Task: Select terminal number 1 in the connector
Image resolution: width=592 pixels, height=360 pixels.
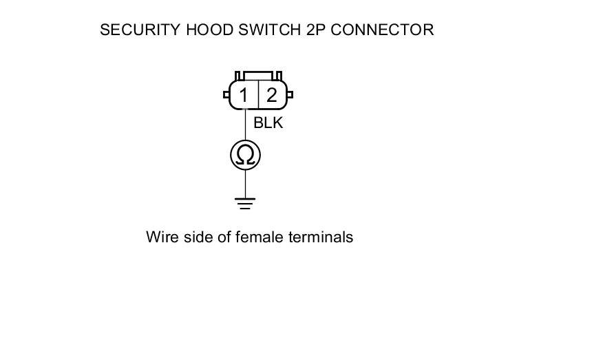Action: click(244, 96)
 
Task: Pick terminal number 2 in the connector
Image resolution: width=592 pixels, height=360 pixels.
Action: click(272, 96)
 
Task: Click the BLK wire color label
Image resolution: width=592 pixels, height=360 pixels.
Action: click(268, 124)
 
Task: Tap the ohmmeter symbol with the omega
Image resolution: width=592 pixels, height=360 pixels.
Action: click(245, 155)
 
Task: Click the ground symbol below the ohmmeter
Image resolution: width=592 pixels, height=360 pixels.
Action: click(245, 202)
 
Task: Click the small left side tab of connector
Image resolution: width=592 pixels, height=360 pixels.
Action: click(226, 95)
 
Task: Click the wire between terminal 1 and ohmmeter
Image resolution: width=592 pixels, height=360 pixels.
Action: click(245, 125)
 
